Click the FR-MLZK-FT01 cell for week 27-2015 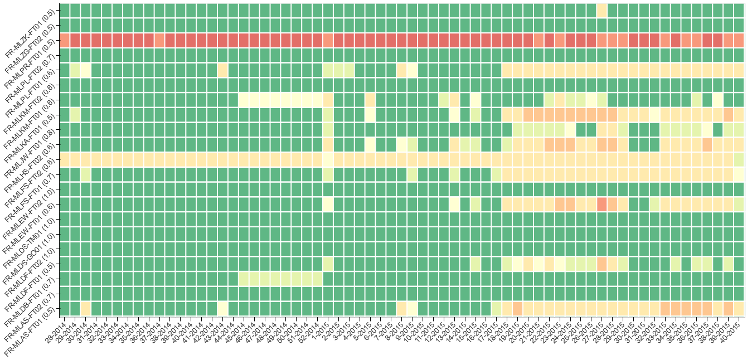pyautogui.click(x=602, y=11)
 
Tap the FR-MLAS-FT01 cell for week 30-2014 pyautogui.click(x=85, y=308)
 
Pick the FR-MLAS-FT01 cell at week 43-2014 pyautogui.click(x=222, y=308)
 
